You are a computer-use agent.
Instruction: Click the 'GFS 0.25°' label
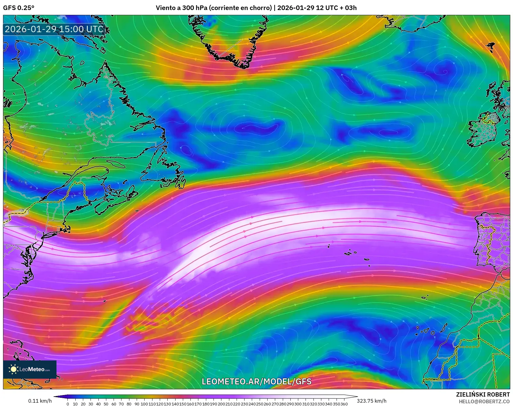pos(19,8)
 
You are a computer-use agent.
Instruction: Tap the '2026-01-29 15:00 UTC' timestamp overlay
pos(54,29)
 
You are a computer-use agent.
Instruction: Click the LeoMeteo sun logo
pos(13,369)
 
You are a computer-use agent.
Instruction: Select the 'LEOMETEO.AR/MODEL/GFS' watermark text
pos(257,381)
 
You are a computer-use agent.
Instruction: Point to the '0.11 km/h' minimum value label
pos(40,401)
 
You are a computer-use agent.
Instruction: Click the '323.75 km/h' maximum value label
pos(371,401)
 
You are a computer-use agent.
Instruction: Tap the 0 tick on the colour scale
pos(68,404)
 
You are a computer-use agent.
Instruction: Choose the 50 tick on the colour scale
pos(106,404)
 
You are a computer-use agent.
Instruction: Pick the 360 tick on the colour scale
pos(344,404)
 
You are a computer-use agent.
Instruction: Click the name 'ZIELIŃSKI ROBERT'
pos(483,394)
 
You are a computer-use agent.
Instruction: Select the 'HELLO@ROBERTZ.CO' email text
pos(484,401)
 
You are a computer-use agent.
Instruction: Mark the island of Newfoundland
pos(166,170)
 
